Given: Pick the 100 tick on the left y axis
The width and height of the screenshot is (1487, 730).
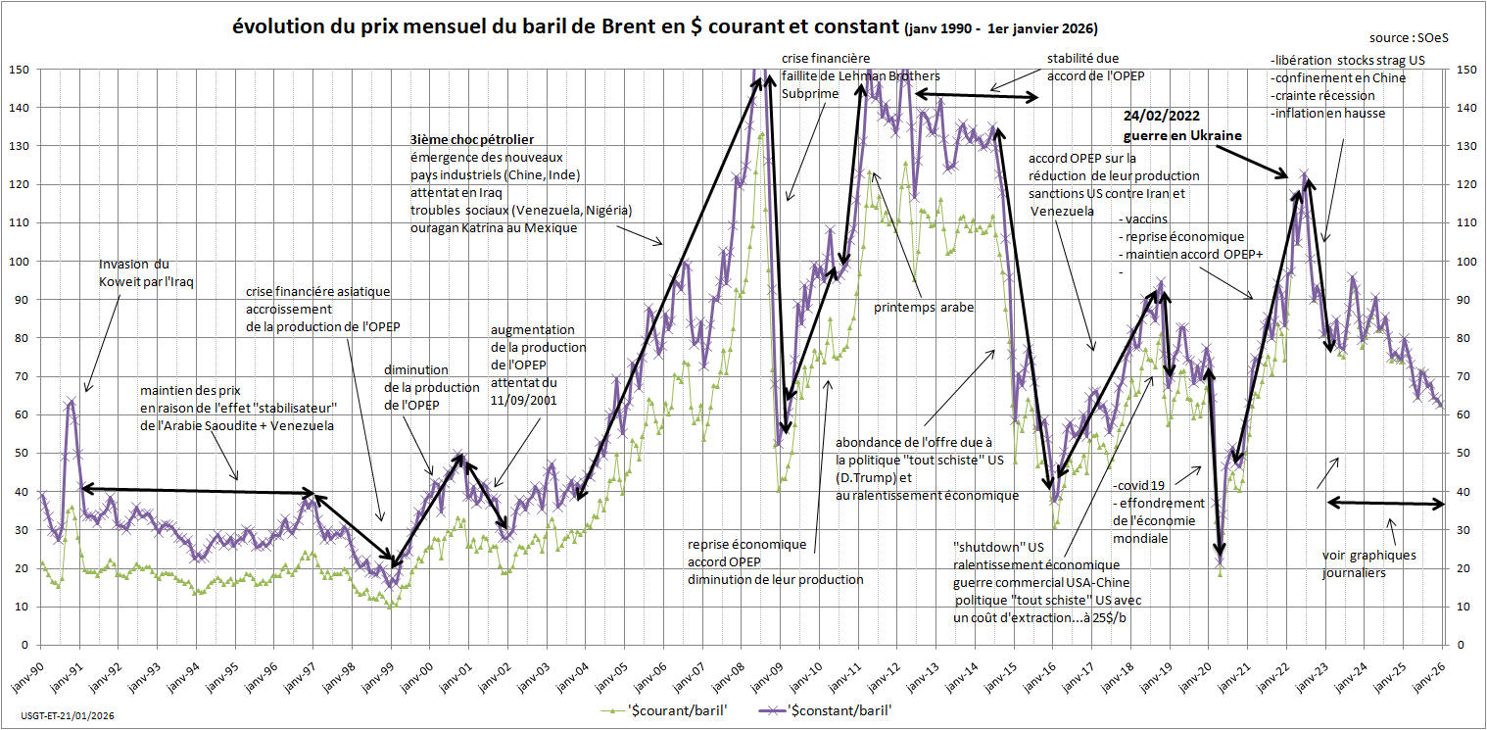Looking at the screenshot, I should point(20,262).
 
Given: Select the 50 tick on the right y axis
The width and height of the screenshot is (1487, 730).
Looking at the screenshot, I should point(1465,454).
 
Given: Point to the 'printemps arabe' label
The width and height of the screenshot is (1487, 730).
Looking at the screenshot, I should point(924,307).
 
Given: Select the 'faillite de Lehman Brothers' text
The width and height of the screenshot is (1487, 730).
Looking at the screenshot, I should point(861,75).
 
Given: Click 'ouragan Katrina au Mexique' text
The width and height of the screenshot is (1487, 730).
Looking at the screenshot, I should point(494,227).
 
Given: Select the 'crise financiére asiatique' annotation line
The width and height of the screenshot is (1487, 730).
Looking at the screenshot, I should point(317,292).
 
